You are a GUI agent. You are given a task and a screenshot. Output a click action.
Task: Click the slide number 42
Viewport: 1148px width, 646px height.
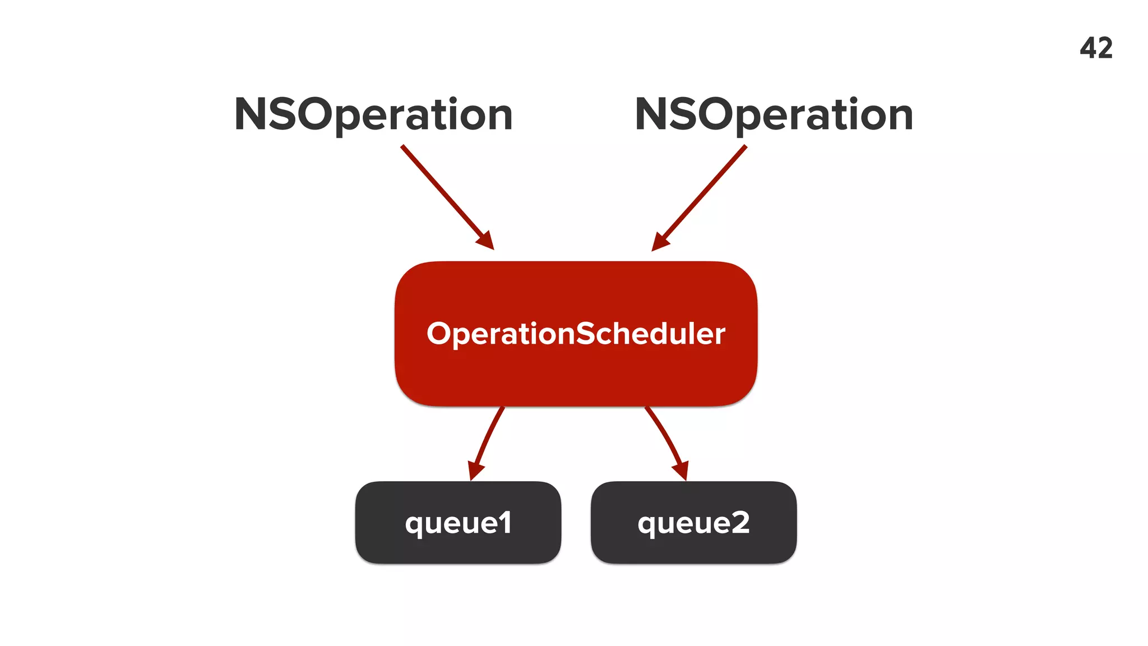click(1096, 48)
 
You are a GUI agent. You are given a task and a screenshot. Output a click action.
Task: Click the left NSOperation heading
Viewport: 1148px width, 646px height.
click(373, 114)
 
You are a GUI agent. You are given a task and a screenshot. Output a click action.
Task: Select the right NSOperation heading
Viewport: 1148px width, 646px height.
click(774, 114)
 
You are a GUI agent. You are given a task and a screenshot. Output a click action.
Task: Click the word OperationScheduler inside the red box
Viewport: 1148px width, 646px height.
click(576, 334)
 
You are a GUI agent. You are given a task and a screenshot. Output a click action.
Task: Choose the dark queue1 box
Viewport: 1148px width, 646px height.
click(458, 547)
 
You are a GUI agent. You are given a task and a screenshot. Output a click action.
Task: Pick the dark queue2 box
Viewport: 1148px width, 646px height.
click(693, 547)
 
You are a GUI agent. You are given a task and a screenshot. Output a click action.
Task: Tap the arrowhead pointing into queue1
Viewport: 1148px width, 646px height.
click(475, 470)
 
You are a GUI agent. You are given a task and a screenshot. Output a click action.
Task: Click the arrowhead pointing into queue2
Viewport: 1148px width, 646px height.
click(681, 470)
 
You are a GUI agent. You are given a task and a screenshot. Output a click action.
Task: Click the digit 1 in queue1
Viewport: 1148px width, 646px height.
click(504, 523)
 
